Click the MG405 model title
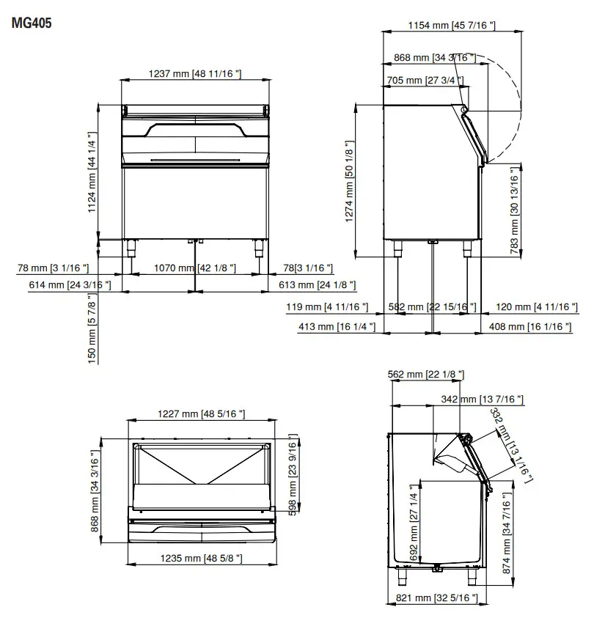pos(32,23)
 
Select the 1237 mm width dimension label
pos(194,74)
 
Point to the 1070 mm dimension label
pos(194,269)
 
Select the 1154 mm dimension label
pos(451,26)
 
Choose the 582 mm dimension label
pos(432,307)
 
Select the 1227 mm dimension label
pos(201,415)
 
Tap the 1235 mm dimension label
pos(201,559)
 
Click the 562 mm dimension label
pos(425,375)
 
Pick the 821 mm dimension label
pos(436,597)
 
